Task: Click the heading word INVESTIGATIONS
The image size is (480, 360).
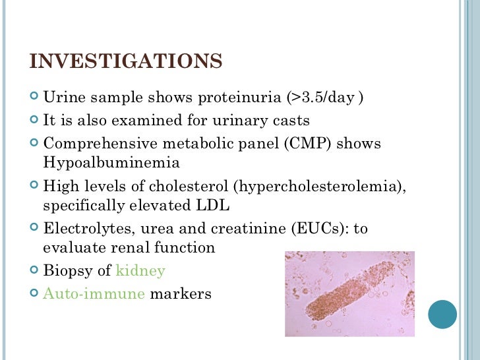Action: pos(126,61)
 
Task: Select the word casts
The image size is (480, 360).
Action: pos(290,121)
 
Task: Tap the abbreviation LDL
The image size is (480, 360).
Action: pos(212,206)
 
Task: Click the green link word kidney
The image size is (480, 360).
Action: pos(140,271)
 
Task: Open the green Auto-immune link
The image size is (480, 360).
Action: pos(94,293)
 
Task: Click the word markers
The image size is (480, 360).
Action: pos(181,293)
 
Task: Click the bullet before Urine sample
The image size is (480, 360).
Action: pos(34,98)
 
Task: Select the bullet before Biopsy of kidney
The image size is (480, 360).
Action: pos(34,271)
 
